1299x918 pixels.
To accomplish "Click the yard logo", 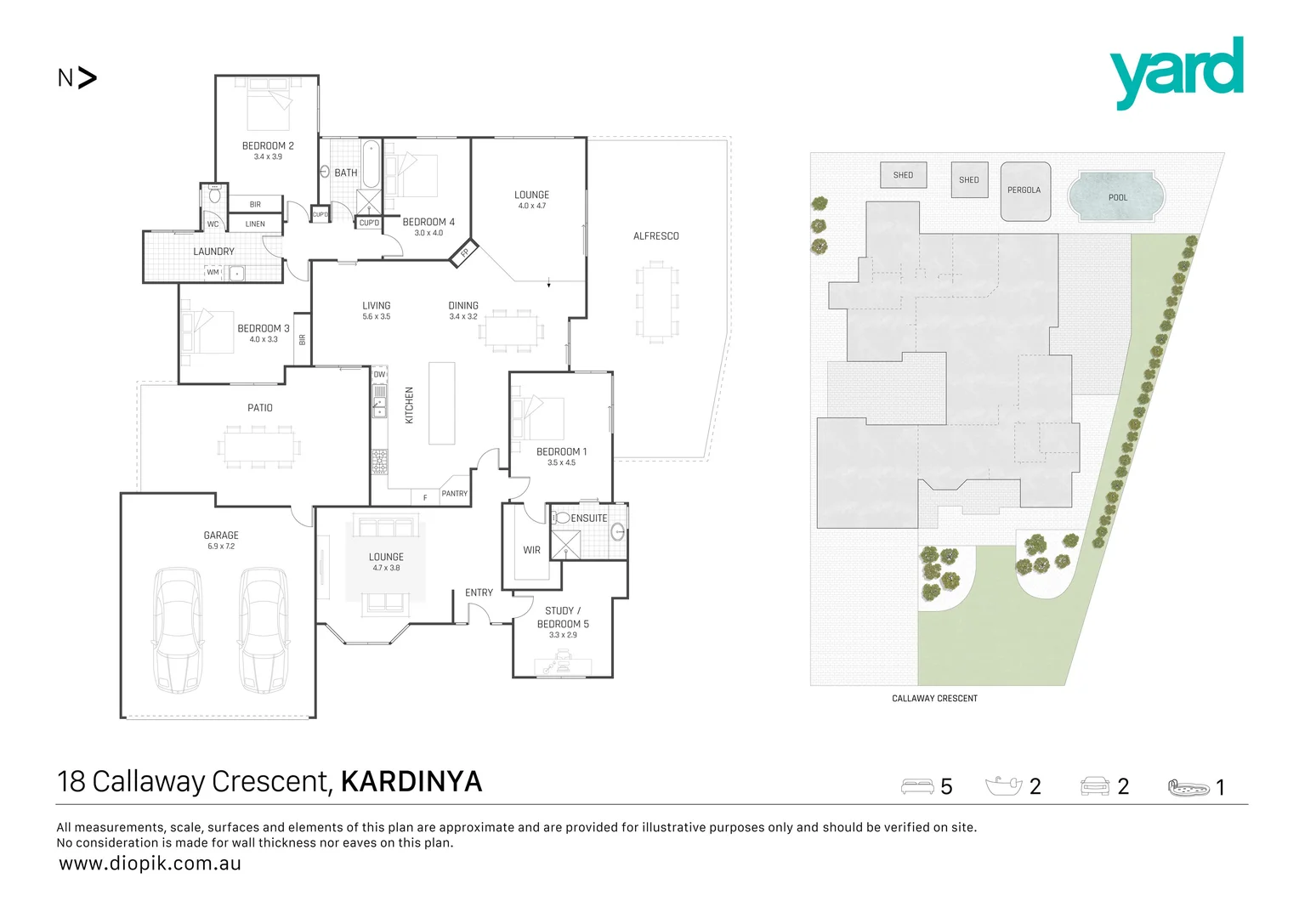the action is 1176,72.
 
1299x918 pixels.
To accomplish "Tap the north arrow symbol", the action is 87,77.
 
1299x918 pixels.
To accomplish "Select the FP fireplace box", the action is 464,253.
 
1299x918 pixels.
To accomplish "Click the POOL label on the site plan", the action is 1117,198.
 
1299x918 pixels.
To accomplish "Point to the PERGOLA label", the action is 1024,190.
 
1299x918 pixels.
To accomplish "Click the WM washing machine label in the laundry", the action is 213,272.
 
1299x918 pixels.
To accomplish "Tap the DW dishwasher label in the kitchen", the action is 379,375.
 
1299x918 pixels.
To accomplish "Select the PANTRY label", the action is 454,494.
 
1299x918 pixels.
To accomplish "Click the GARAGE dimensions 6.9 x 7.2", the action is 221,547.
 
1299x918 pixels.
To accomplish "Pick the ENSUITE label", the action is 588,518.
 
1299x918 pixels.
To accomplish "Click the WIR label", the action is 531,550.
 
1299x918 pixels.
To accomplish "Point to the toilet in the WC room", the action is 214,194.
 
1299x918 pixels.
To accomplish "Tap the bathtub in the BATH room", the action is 372,165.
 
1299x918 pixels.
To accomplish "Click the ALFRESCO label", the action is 656,236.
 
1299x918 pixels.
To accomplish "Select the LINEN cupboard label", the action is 255,224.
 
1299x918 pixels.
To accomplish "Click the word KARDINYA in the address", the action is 411,782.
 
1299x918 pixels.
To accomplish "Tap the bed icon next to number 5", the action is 917,786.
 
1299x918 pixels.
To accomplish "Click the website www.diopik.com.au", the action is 150,864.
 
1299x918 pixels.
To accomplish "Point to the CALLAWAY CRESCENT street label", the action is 934,699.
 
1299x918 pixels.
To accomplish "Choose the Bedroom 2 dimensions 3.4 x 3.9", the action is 268,156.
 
